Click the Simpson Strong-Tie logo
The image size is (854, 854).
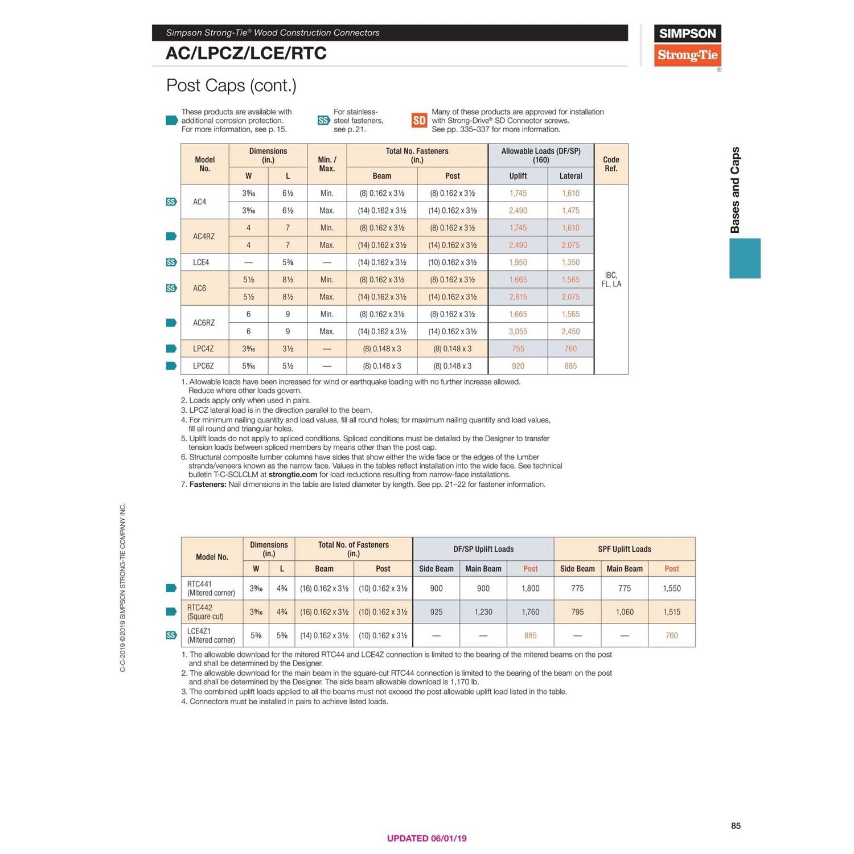(687, 46)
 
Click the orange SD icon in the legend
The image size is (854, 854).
(419, 120)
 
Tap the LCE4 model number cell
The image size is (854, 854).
(201, 262)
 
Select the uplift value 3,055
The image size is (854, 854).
(518, 331)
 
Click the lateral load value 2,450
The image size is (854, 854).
(570, 331)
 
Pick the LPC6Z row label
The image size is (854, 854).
(203, 366)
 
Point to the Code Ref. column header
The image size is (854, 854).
(611, 164)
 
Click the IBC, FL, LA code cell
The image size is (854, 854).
(611, 280)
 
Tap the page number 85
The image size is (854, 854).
(736, 826)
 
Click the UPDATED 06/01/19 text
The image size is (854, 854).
(426, 838)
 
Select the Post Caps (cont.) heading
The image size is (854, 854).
(231, 85)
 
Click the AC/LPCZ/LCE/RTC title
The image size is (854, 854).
(246, 54)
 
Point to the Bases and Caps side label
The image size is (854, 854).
(735, 190)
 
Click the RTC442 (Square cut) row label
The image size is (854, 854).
(206, 612)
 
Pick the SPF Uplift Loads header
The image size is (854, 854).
(624, 549)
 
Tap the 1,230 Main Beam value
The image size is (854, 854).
(483, 612)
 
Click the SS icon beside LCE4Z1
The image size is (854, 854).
(171, 635)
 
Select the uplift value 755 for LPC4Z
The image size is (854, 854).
(518, 349)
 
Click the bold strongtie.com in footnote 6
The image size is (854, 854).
(293, 474)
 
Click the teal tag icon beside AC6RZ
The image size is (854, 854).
(171, 323)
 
